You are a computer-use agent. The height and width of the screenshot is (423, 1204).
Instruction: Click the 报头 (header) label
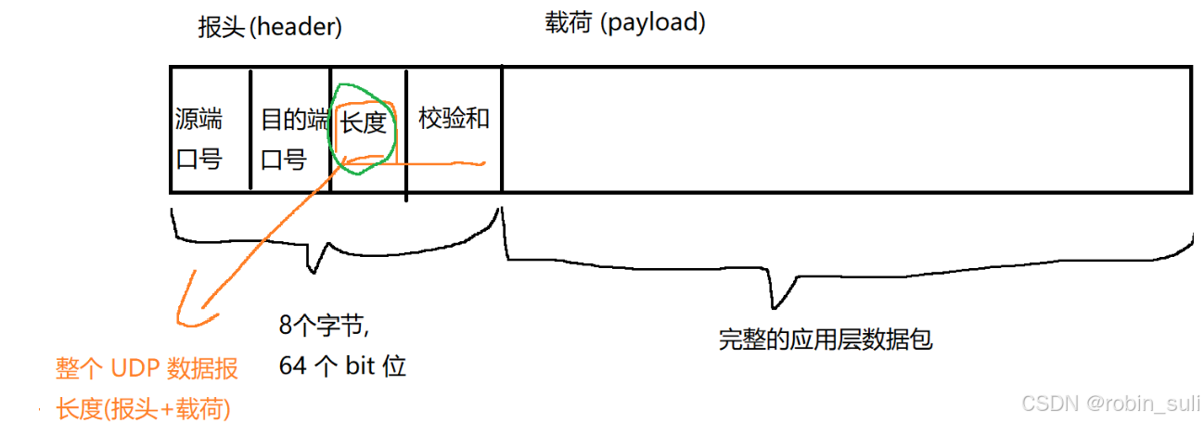click(x=270, y=28)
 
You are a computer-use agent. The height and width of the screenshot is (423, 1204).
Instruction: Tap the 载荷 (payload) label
click(x=625, y=23)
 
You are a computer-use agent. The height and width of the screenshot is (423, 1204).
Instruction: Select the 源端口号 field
click(x=199, y=138)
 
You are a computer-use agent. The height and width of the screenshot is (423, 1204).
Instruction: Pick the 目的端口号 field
click(x=294, y=138)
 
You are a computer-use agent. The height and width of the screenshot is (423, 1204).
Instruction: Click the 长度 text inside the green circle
click(x=364, y=122)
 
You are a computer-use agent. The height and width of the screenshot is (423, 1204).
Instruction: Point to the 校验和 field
click(x=454, y=119)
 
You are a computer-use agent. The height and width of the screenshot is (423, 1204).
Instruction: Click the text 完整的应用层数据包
click(x=825, y=340)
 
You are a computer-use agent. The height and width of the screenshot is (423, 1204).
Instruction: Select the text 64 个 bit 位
click(x=342, y=366)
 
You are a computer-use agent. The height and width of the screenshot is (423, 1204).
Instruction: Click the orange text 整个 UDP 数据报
click(x=147, y=369)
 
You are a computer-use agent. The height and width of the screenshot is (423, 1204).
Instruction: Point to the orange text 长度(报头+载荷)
click(x=143, y=407)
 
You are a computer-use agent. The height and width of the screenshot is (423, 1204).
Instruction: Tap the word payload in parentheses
click(x=654, y=23)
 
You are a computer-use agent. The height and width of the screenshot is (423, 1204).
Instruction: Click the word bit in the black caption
click(x=361, y=366)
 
